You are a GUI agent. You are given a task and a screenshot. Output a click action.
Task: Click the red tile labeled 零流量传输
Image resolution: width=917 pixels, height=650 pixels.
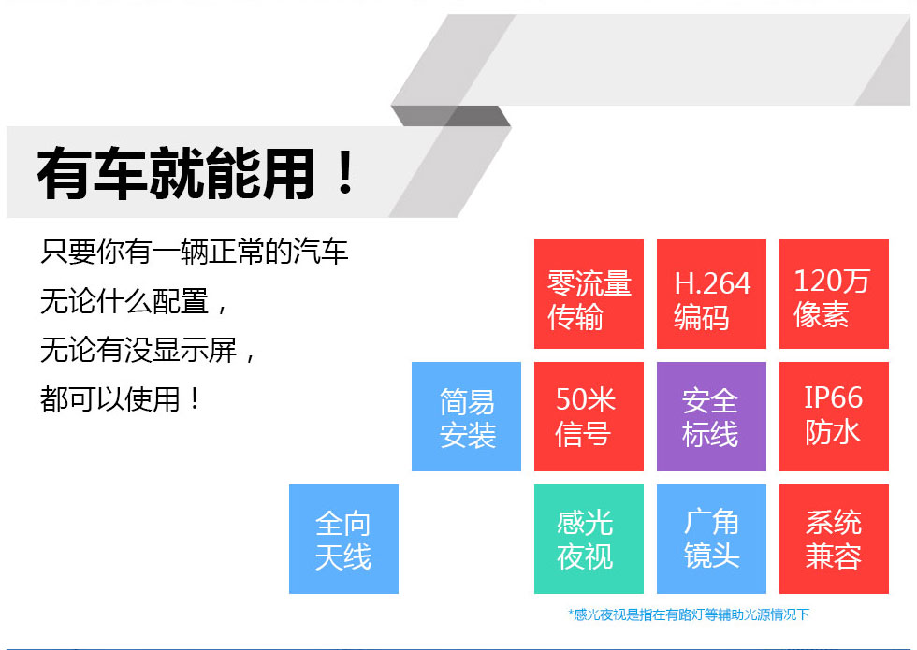pos(589,294)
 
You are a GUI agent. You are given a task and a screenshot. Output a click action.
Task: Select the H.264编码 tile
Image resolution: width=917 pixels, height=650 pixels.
pos(711,294)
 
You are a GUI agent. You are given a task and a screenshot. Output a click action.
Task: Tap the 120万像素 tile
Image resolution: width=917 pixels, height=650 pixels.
pos(834,294)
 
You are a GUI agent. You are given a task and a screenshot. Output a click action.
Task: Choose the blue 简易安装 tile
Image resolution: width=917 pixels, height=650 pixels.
pos(466,416)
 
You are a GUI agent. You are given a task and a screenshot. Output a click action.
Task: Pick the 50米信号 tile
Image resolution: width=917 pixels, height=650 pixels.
pos(589,416)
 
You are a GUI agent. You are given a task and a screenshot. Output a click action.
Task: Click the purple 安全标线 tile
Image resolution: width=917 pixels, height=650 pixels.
pos(711,416)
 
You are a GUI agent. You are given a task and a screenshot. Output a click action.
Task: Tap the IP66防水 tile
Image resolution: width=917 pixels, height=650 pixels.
pos(834,416)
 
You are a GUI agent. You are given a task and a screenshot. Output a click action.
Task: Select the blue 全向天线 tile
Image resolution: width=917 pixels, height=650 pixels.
pos(343,539)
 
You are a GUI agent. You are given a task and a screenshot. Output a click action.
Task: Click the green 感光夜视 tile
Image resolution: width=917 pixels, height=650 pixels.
pos(589,539)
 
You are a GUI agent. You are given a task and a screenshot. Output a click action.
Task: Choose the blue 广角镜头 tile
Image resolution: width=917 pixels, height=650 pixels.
pos(711,539)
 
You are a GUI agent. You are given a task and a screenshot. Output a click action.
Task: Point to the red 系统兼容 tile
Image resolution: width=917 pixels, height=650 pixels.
pos(834,539)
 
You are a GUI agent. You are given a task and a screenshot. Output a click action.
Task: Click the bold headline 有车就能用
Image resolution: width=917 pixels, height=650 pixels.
pos(176,174)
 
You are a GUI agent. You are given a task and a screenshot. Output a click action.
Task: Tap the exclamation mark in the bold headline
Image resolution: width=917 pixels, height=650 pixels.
pos(345,172)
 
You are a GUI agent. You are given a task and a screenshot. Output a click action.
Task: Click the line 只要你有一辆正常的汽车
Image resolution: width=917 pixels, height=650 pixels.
pos(195,252)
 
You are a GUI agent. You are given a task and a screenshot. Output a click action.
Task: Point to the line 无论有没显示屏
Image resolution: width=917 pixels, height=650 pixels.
pos(148,351)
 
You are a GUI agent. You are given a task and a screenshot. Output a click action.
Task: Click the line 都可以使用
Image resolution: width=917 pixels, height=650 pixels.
pos(120,400)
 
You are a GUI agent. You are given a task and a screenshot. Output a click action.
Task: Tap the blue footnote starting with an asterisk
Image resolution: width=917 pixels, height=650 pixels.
pos(689,614)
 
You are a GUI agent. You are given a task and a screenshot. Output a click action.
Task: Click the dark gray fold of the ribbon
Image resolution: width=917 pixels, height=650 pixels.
pos(451,116)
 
